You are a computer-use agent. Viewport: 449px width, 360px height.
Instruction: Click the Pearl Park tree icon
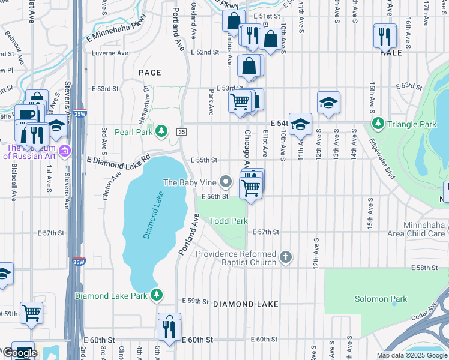tap(161, 131)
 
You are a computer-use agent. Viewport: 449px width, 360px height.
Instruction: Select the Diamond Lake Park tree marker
tap(156, 295)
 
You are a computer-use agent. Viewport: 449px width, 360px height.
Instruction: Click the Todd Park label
tap(228, 221)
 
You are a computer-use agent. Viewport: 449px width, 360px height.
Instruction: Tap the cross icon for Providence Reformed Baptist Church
tap(286, 258)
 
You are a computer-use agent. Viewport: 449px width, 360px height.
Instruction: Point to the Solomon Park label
tap(381, 299)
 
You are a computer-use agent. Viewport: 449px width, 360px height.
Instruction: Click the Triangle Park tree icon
tap(378, 124)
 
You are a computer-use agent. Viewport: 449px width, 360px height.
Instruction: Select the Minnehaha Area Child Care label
tap(416, 229)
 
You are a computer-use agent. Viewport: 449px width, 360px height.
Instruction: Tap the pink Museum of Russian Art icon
tap(65, 149)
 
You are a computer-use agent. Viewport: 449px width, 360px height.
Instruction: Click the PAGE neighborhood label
tap(150, 73)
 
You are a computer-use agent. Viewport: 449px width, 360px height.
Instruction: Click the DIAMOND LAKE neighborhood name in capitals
tap(246, 304)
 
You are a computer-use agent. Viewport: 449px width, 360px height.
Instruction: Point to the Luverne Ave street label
tap(110, 53)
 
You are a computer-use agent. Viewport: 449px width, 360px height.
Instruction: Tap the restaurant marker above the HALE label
tap(384, 37)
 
